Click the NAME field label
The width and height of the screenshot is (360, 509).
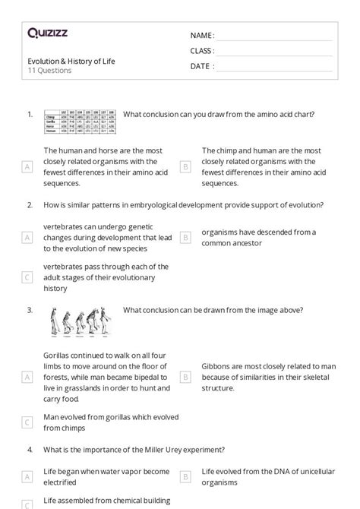click(x=202, y=36)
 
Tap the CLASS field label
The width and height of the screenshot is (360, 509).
click(x=202, y=51)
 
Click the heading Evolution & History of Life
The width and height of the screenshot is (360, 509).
click(x=71, y=61)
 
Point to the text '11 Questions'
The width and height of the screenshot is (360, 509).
click(x=49, y=71)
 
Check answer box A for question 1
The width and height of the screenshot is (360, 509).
click(x=27, y=166)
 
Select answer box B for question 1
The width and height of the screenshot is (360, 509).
click(x=185, y=166)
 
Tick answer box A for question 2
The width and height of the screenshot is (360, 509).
click(x=27, y=237)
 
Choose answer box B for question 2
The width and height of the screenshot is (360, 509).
click(x=185, y=237)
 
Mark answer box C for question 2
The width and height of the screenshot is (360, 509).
click(x=27, y=277)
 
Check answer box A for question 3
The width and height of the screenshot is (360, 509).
click(x=27, y=376)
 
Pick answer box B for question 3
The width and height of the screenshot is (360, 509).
click(x=185, y=376)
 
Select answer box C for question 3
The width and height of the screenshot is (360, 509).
click(x=27, y=422)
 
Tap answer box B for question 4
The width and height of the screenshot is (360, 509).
click(x=185, y=476)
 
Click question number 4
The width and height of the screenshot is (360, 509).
click(x=29, y=450)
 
